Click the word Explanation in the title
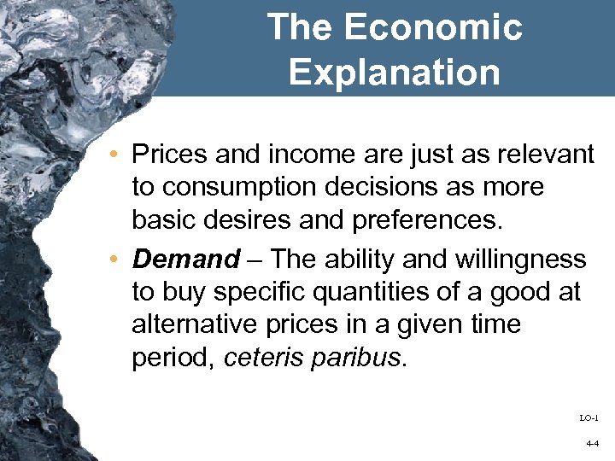click(394, 72)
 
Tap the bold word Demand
click(186, 259)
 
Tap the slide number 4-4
click(592, 444)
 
